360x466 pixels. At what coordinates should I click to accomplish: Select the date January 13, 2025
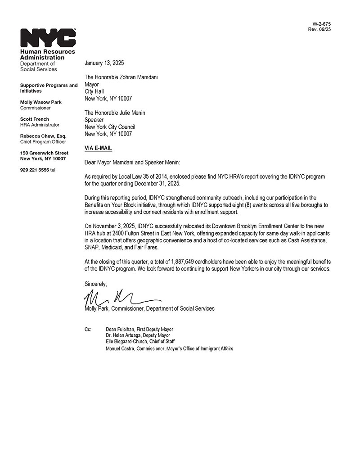(x=104, y=63)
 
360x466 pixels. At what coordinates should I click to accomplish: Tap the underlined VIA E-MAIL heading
(x=98, y=148)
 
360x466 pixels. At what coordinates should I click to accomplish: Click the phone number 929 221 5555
(x=35, y=170)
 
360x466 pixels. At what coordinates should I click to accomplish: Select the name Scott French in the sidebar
(x=35, y=119)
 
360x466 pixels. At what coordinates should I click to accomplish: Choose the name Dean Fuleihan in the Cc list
(x=120, y=330)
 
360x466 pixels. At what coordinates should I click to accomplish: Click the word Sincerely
(x=96, y=284)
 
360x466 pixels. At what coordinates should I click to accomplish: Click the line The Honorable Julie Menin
(x=115, y=113)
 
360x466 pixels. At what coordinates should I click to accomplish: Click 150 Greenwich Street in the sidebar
(x=44, y=153)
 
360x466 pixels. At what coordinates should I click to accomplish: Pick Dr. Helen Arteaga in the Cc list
(x=125, y=335)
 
